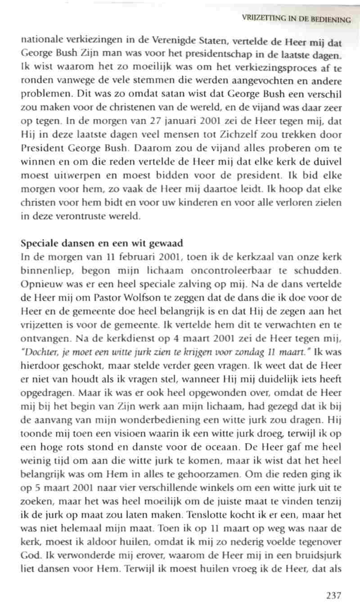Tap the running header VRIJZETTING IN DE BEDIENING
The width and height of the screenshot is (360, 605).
click(x=296, y=19)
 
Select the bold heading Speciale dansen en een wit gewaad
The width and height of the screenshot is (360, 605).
click(x=102, y=244)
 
